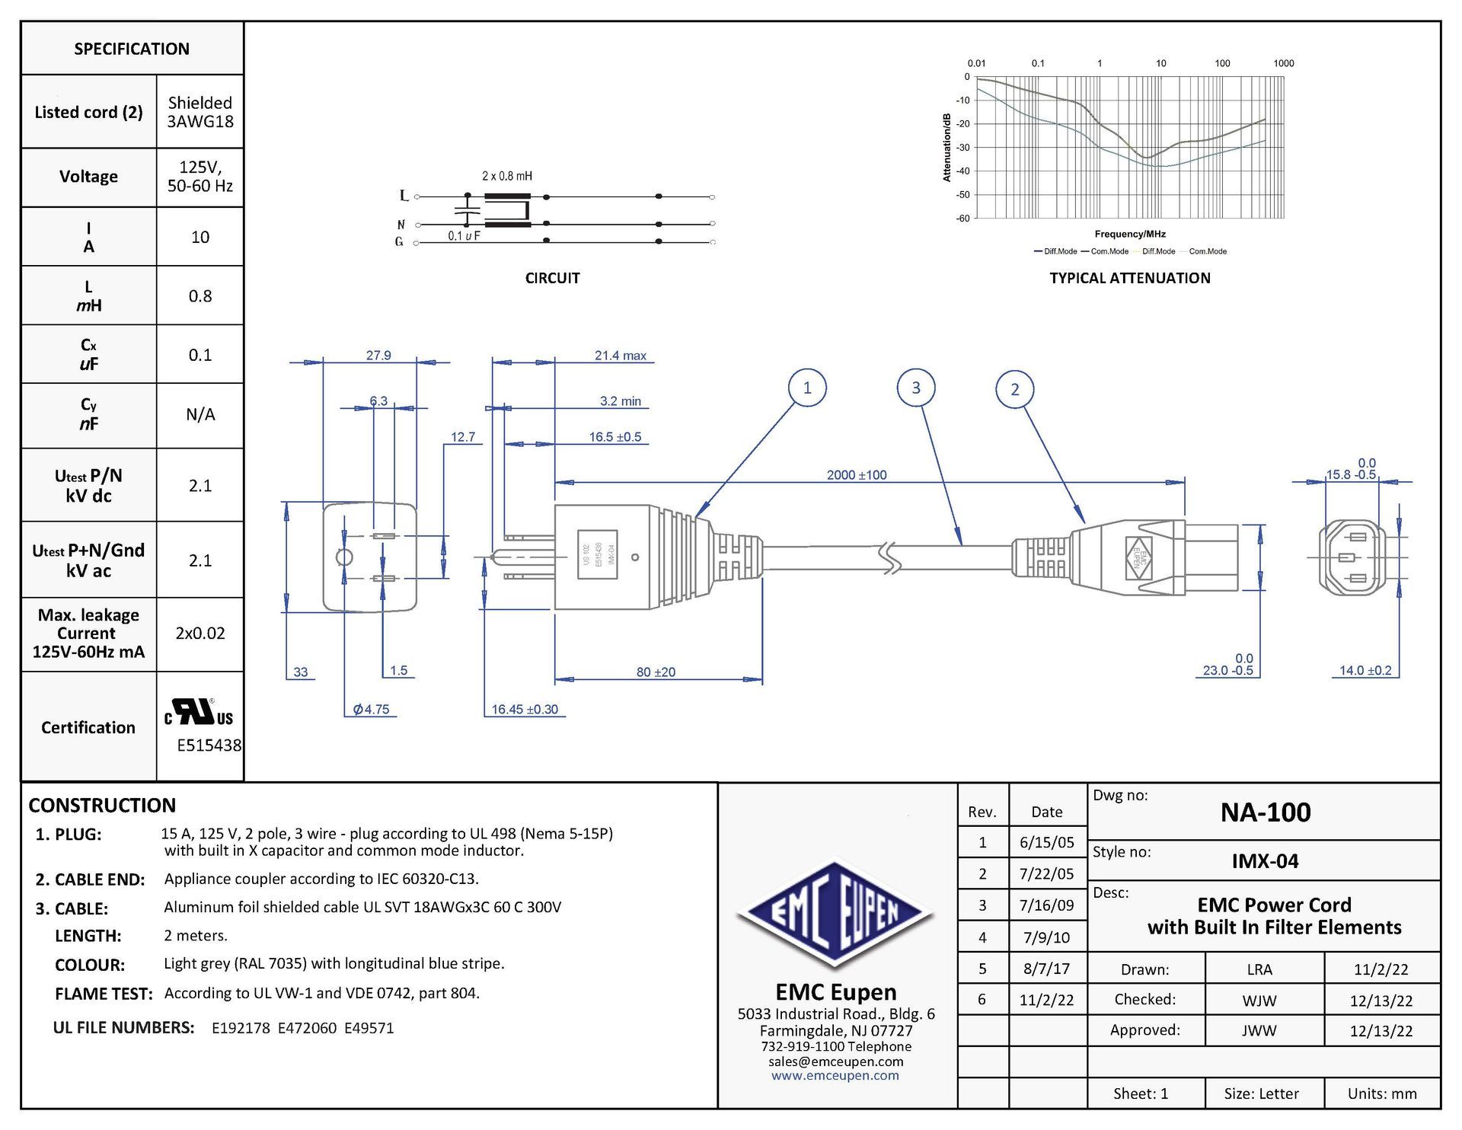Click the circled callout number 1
click(807, 388)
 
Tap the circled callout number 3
click(915, 388)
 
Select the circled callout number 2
click(1014, 389)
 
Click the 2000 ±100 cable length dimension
click(857, 475)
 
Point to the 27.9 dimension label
click(378, 356)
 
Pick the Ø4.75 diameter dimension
click(372, 710)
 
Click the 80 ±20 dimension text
click(656, 672)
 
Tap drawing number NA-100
click(1266, 812)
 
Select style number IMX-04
click(1265, 861)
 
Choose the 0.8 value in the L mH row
click(200, 296)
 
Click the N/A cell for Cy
click(200, 415)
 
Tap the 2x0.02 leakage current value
click(200, 634)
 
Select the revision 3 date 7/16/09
click(1046, 905)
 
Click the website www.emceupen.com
click(835, 1076)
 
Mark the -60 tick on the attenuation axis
click(963, 219)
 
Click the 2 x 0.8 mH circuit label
click(507, 176)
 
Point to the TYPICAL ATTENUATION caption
click(1129, 279)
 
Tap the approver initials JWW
click(1259, 1031)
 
